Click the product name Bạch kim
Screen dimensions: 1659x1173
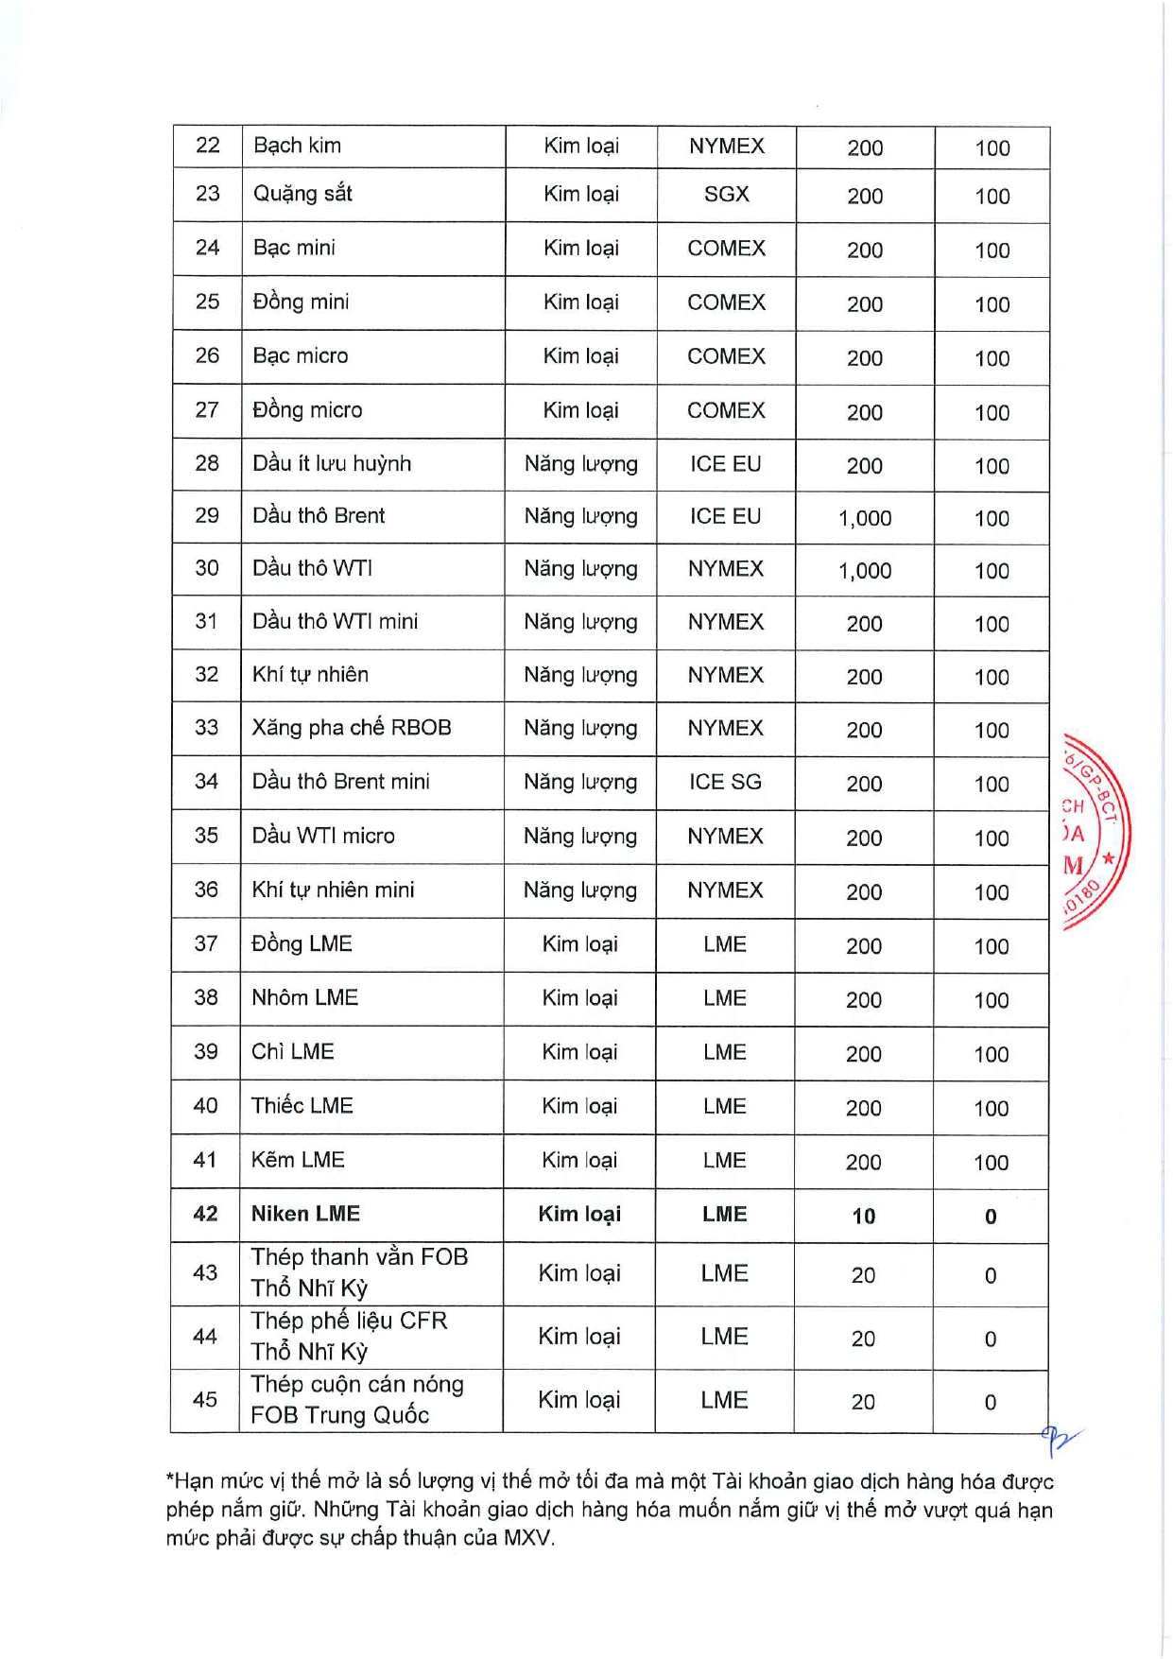(x=298, y=146)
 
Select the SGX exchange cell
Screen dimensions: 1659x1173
(x=726, y=194)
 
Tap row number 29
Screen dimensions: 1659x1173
(x=207, y=516)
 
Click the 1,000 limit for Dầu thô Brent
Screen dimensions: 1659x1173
(x=865, y=518)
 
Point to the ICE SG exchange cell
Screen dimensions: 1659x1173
(x=725, y=782)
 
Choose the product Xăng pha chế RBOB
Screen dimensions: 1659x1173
(x=352, y=728)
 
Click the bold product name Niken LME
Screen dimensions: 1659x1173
(x=305, y=1214)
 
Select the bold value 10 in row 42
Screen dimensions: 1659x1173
(x=864, y=1217)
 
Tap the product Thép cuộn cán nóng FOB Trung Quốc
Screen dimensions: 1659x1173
(x=357, y=1400)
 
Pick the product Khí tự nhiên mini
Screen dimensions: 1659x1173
(x=333, y=890)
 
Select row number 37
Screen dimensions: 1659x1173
(x=206, y=943)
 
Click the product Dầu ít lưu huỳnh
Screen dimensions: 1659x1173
(x=332, y=463)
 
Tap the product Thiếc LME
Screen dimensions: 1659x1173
(x=302, y=1106)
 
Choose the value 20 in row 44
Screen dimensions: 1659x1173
(x=863, y=1339)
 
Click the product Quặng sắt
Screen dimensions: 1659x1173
(x=302, y=194)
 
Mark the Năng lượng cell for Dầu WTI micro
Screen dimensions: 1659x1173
(x=580, y=837)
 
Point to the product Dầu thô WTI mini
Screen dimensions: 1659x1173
(x=335, y=622)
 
